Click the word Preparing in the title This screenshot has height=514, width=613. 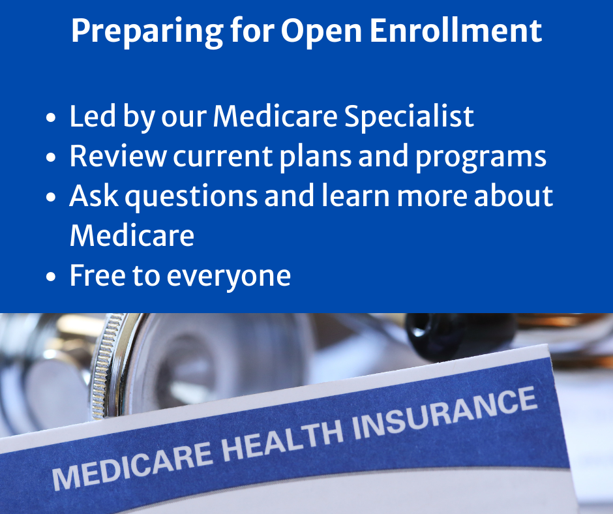(147, 32)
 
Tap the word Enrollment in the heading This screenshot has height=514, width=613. (455, 31)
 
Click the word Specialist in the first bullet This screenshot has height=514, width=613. (409, 117)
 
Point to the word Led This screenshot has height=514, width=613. (93, 116)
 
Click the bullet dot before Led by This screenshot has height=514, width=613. (51, 117)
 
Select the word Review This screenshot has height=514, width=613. (118, 156)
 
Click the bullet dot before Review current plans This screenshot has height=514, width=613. (51, 157)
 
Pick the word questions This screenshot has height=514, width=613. (191, 197)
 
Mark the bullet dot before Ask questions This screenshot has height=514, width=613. (51, 197)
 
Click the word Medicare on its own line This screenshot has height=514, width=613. (132, 235)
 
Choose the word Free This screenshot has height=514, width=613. (98, 275)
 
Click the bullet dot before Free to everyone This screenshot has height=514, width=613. (51, 276)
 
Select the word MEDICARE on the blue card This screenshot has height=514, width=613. (133, 466)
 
